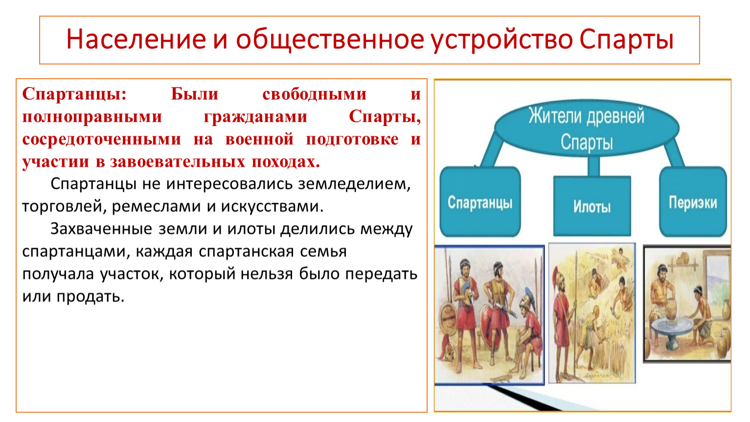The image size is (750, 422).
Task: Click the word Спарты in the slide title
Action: [626, 40]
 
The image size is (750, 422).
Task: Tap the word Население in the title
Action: [136, 39]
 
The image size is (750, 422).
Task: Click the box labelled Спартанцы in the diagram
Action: [480, 202]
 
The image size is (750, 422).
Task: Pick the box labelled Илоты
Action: [592, 206]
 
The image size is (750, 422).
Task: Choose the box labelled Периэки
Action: [693, 202]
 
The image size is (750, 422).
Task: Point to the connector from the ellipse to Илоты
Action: [593, 166]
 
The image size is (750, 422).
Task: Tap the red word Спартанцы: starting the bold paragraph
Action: [74, 94]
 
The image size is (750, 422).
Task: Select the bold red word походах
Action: [286, 162]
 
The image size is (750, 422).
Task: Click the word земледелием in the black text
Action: [354, 184]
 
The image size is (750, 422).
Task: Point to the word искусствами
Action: [272, 206]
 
